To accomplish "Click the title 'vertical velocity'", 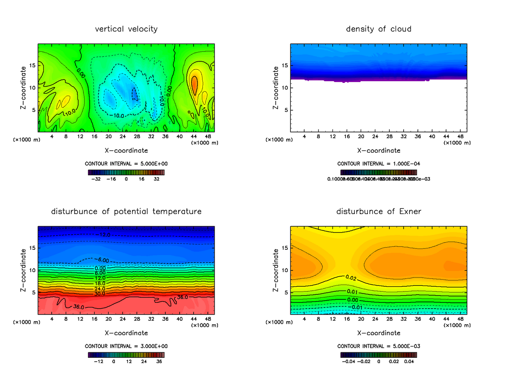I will pyautogui.click(x=126, y=29).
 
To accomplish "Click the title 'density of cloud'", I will pyautogui.click(x=378, y=29).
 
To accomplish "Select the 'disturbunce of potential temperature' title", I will pyautogui.click(x=126, y=211).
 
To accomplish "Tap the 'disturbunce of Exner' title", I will pyautogui.click(x=378, y=211).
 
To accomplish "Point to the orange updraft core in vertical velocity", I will pyautogui.click(x=194, y=83).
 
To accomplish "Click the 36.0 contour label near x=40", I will pyautogui.click(x=182, y=297).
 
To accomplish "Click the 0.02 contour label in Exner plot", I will pyautogui.click(x=351, y=278).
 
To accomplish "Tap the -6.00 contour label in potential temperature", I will pyautogui.click(x=100, y=260).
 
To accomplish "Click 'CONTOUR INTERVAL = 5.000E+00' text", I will pyautogui.click(x=126, y=163).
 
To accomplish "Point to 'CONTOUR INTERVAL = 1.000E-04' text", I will pyautogui.click(x=378, y=163).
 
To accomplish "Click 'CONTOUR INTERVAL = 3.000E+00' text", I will pyautogui.click(x=126, y=346).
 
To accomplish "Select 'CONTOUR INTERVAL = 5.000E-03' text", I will pyautogui.click(x=378, y=346).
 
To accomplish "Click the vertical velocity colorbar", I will pyautogui.click(x=126, y=172).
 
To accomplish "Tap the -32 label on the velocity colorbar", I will pyautogui.click(x=98, y=179).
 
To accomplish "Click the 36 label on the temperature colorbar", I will pyautogui.click(x=159, y=361).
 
